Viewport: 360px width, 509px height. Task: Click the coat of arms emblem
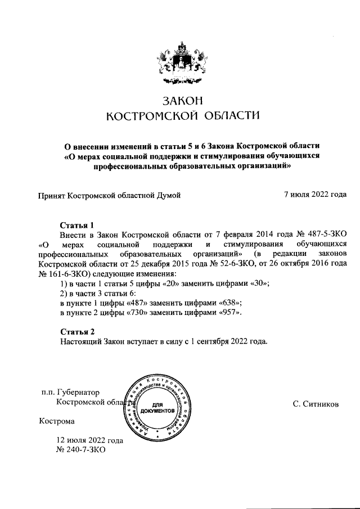180,62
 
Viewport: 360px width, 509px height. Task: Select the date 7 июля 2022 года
315,195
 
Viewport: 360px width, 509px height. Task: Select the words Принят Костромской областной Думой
109,195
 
